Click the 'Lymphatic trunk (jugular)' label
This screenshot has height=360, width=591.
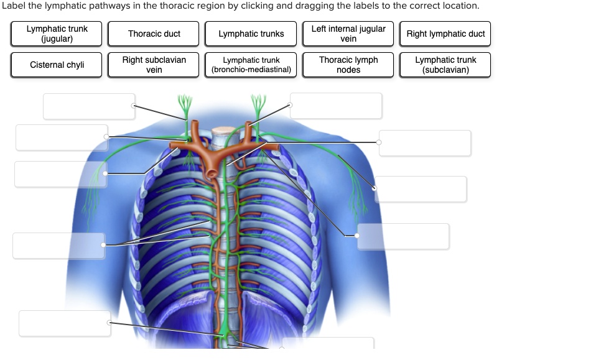click(x=57, y=34)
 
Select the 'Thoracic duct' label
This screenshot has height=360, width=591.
click(x=154, y=34)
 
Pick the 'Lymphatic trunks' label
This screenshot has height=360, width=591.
click(x=251, y=34)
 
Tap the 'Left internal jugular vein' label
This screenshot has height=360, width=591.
click(x=348, y=34)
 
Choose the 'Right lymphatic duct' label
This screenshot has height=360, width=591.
click(x=445, y=34)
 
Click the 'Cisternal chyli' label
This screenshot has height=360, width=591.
click(x=57, y=65)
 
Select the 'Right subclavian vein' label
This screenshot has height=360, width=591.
click(x=154, y=65)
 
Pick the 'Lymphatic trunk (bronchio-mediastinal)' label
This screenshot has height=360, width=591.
click(x=251, y=65)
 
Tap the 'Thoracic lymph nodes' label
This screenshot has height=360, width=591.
click(x=348, y=65)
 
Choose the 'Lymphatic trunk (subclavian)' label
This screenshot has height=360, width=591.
click(x=445, y=65)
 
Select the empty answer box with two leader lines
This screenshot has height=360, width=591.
click(x=58, y=246)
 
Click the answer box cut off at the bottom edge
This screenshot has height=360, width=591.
click(x=328, y=343)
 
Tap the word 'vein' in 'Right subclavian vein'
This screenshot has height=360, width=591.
click(x=154, y=70)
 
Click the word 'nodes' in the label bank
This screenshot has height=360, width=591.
click(x=348, y=70)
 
